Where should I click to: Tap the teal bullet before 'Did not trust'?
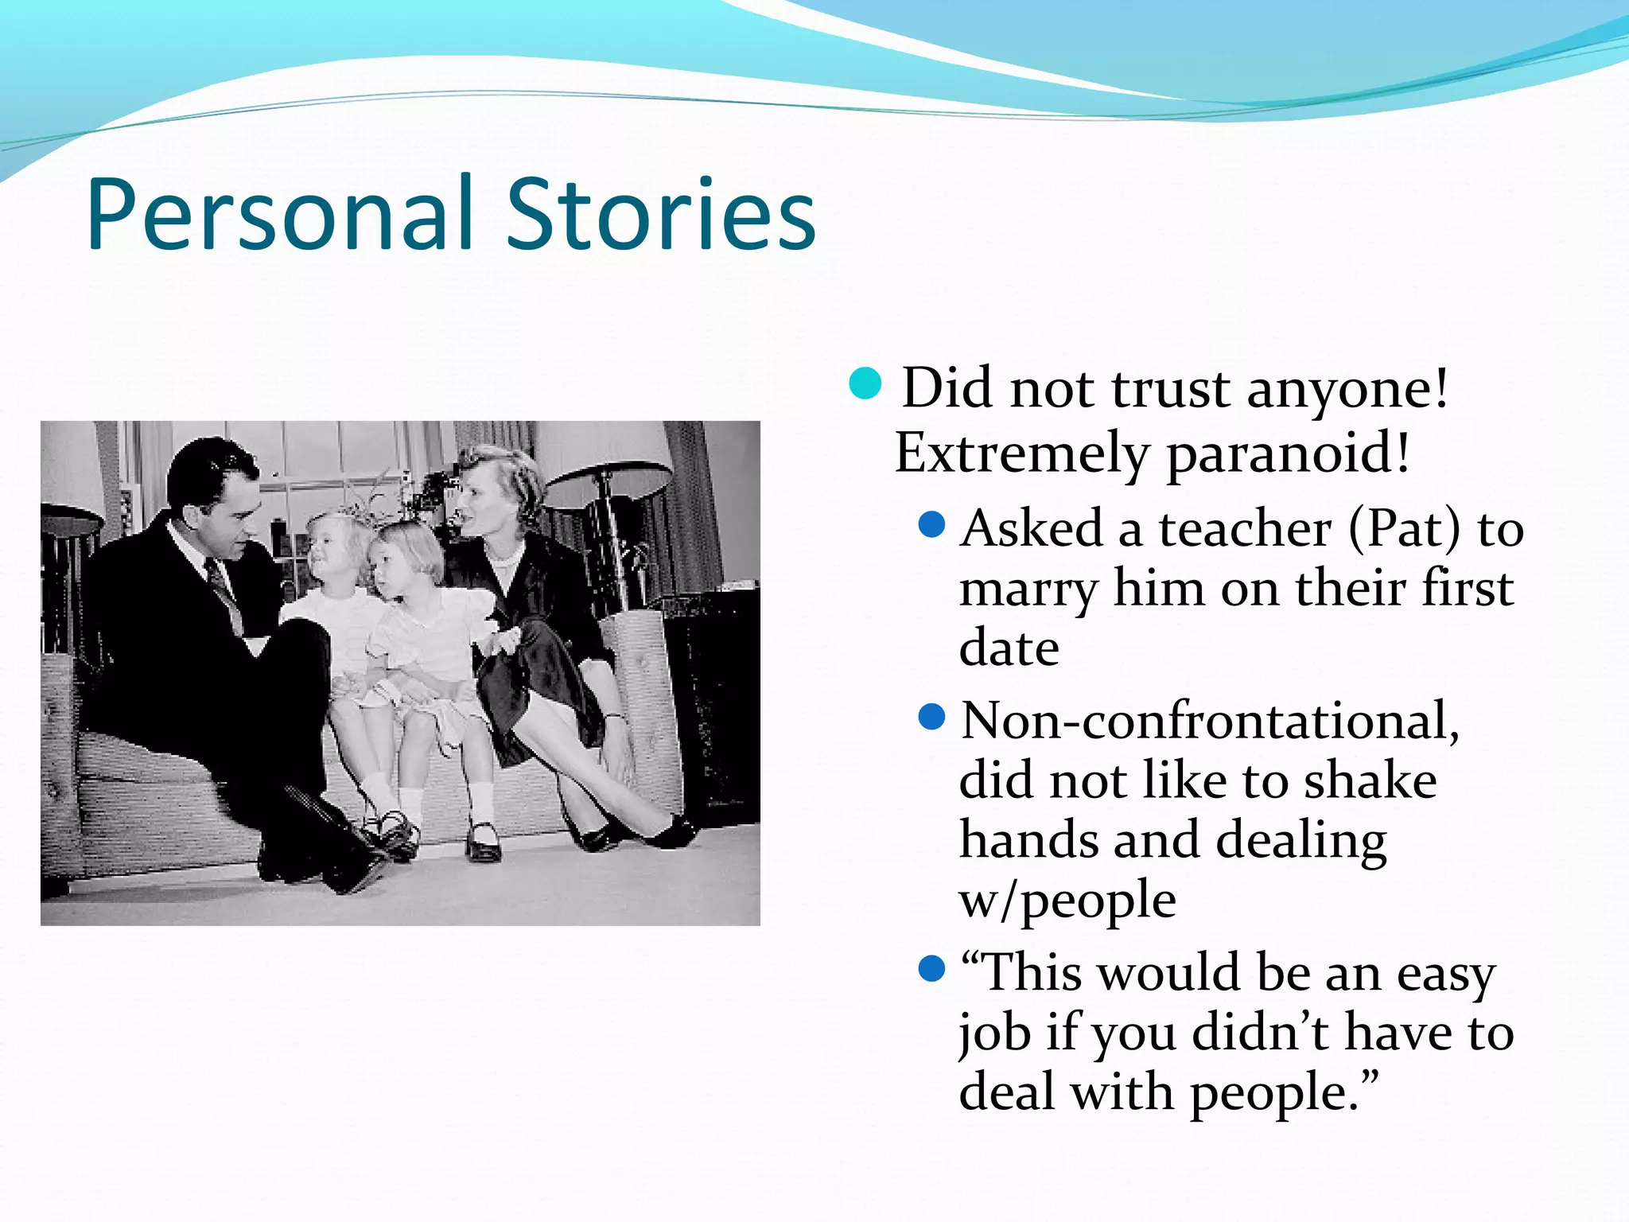pos(865,383)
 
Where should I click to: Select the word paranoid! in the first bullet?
pos(1289,453)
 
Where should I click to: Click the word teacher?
pos(1245,528)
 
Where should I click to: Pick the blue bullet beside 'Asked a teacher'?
pos(931,525)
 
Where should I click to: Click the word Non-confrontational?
pos(1210,721)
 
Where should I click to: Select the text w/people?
pos(1067,901)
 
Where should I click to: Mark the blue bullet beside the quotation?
pos(931,969)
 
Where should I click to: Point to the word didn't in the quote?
pos(1260,1033)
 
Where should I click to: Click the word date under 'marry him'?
pos(1009,648)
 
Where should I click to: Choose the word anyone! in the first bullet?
pos(1347,390)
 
